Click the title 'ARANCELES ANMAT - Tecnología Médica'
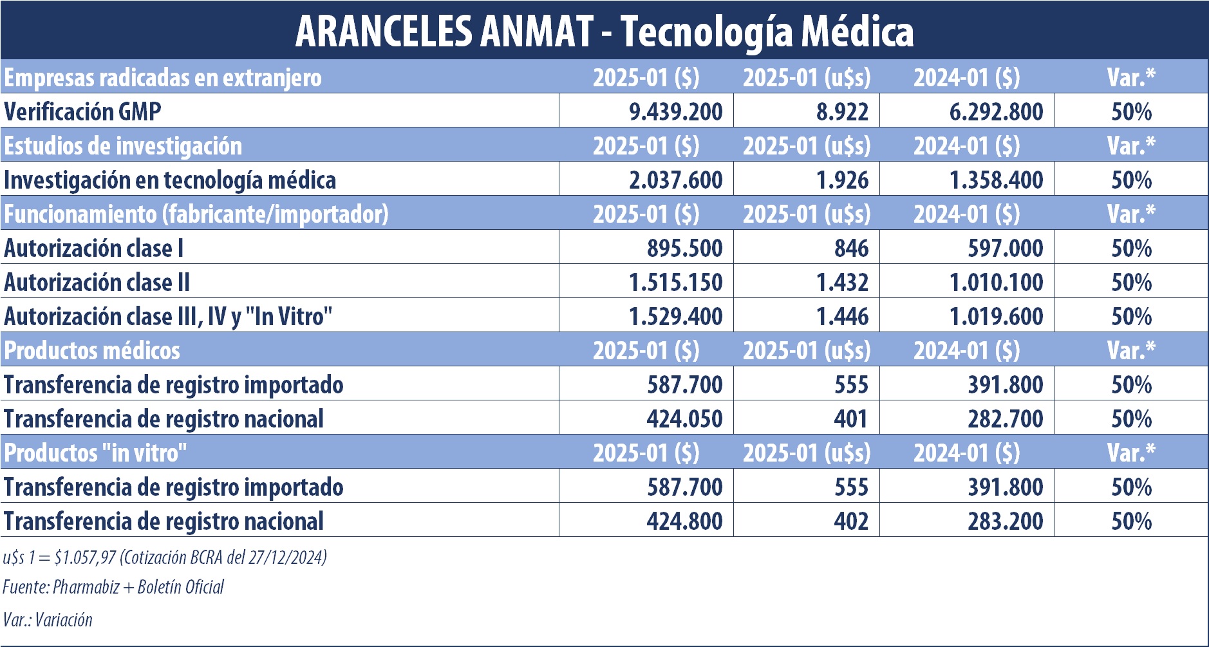point(604,31)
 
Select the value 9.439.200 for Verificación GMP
point(675,111)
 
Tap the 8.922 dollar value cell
point(842,111)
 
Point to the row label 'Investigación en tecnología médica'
point(170,180)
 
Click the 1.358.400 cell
point(996,180)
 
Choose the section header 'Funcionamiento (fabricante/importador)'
point(196,214)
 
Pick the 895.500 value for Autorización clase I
point(684,248)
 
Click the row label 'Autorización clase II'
point(97,282)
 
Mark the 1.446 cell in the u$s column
point(842,316)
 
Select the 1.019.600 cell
point(996,316)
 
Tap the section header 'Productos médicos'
point(92,350)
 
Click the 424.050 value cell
point(684,418)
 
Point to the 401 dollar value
point(851,418)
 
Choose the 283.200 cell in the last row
point(1005,521)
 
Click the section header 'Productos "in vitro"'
point(95,453)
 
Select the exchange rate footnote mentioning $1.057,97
point(165,557)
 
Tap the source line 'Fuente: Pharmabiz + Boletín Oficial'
point(113,586)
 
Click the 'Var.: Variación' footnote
point(48,619)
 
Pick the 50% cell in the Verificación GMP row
point(1131,111)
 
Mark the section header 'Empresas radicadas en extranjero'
point(163,77)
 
